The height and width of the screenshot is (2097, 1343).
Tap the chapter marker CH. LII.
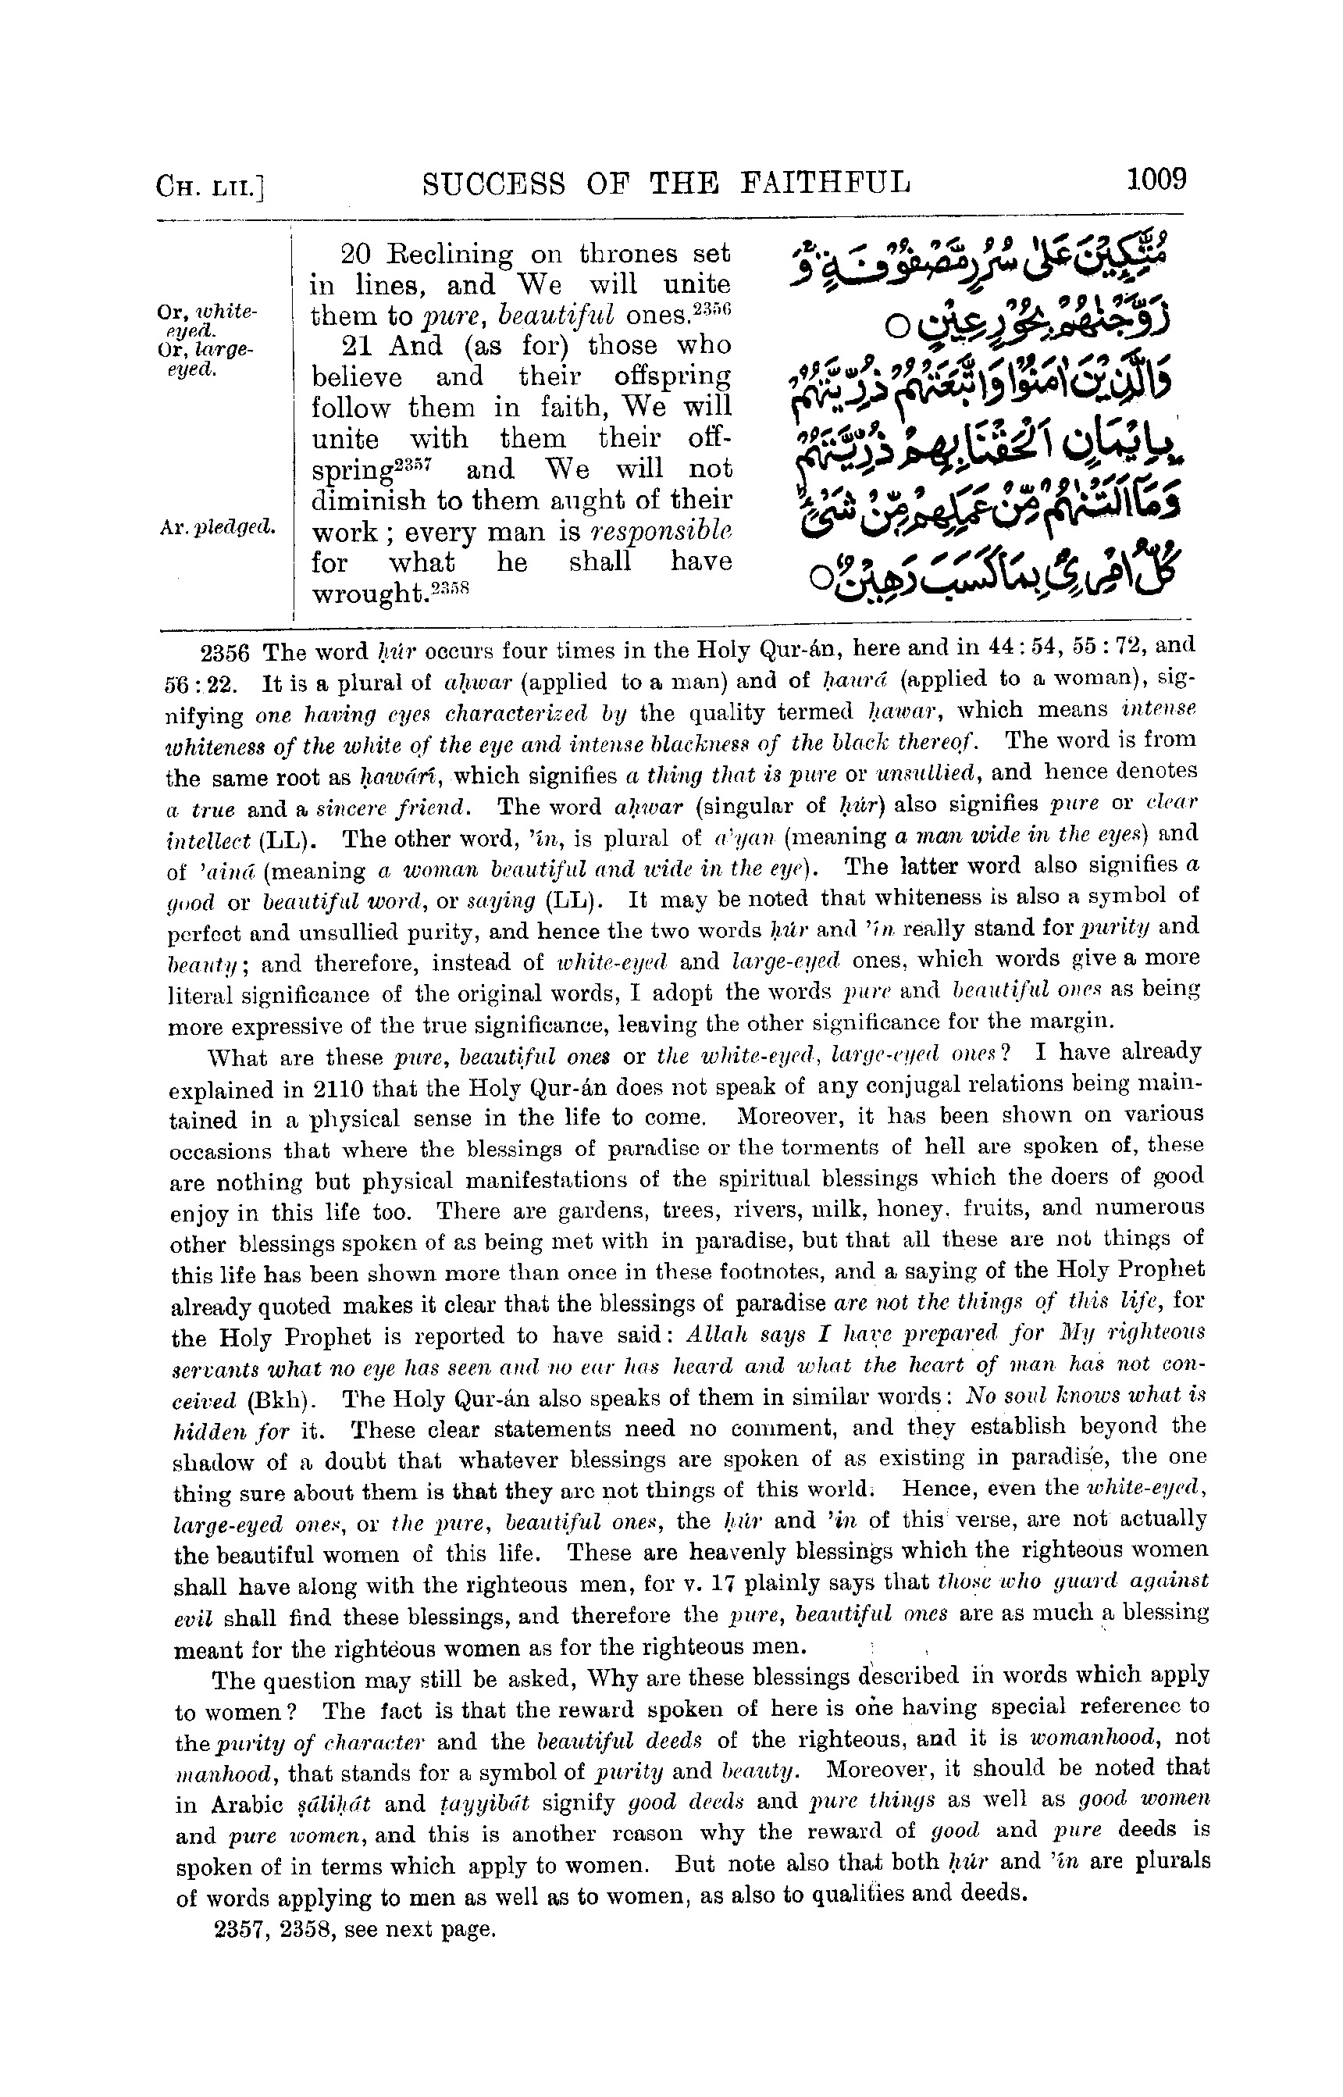[209, 187]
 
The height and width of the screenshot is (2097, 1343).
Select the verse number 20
[356, 254]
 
